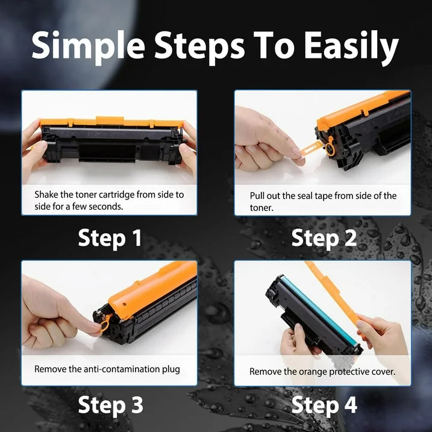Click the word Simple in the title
tap(88, 46)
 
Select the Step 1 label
tap(110, 239)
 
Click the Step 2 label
tap(324, 239)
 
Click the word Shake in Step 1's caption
tap(47, 195)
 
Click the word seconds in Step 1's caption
tap(107, 206)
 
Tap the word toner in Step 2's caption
tap(261, 207)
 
